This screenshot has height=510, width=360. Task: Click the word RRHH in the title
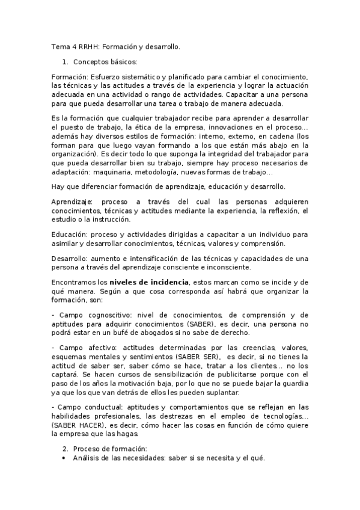[85, 46]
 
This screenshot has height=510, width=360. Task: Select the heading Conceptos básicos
[105, 62]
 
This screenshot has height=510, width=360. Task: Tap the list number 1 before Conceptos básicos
[65, 62]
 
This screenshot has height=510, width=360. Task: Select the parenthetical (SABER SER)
[189, 357]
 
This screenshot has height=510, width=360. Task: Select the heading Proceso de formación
[111, 449]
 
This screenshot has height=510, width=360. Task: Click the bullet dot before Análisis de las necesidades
[65, 458]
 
